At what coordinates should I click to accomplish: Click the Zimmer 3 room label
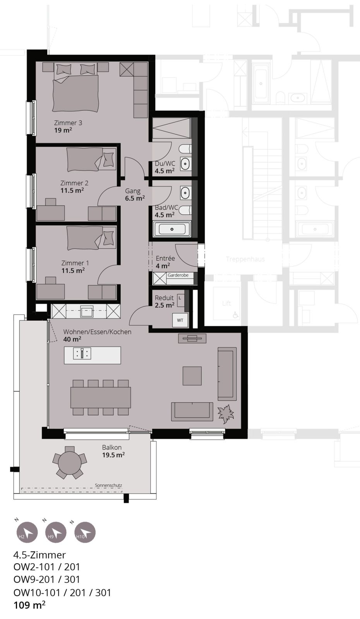click(x=68, y=123)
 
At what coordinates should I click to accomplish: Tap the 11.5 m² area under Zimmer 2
click(x=72, y=190)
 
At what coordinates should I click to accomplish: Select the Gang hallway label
click(x=133, y=191)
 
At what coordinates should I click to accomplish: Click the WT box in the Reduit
click(x=180, y=320)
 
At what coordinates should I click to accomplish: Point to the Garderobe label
click(x=178, y=275)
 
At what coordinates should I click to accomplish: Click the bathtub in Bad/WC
click(x=172, y=229)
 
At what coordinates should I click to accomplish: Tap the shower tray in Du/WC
click(x=171, y=128)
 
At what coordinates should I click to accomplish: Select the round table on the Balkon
click(x=70, y=463)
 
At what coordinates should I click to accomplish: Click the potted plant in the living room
click(x=226, y=413)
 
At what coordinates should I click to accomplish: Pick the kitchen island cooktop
click(x=82, y=354)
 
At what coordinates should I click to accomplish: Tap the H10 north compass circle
click(x=85, y=532)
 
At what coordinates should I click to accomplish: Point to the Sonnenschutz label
click(x=108, y=485)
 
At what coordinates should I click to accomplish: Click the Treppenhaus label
click(x=245, y=259)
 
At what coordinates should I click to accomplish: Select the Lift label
click(x=226, y=303)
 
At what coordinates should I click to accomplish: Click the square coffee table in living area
click(x=192, y=376)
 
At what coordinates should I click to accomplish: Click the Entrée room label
click(x=165, y=258)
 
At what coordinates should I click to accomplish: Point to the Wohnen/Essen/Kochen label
click(x=97, y=332)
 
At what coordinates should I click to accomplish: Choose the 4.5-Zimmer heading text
click(x=39, y=555)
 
